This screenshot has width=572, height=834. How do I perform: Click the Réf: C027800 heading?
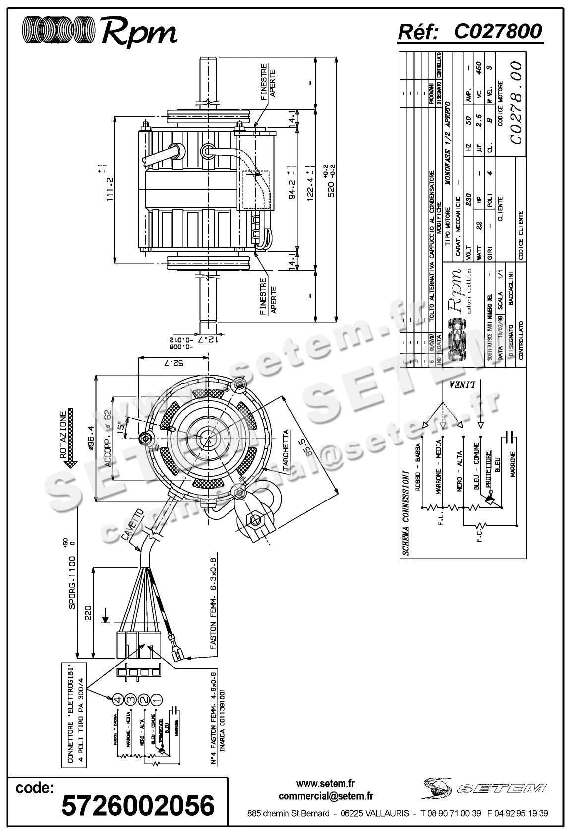pos(470,32)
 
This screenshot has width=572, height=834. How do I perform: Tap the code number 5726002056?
pos(138,805)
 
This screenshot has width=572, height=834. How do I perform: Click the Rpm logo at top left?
pos(99,31)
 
